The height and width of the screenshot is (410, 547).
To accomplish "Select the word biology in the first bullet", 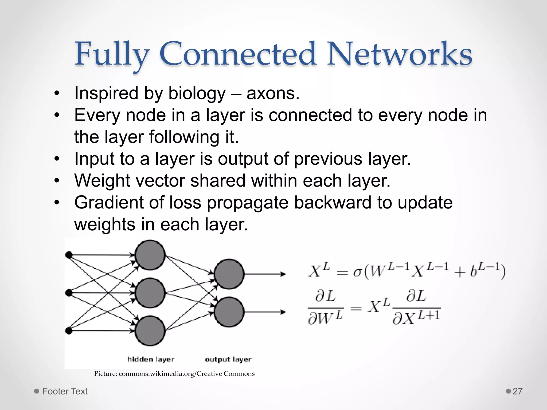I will [x=197, y=94].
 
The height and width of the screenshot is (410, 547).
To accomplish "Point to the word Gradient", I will [x=109, y=203].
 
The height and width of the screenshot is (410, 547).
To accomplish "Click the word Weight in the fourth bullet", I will [x=102, y=181].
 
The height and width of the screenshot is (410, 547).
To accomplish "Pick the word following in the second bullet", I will [x=184, y=137].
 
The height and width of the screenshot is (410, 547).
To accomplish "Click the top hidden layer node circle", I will [x=150, y=255].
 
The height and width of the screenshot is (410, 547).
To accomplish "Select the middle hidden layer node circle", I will [x=150, y=293].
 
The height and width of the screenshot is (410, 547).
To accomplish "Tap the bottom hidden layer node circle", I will [x=150, y=331].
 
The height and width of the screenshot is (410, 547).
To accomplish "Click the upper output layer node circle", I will [x=229, y=274].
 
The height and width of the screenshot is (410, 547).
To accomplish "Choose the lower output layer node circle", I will [x=229, y=312].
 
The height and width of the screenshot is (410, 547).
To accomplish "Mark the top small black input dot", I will [x=69, y=255].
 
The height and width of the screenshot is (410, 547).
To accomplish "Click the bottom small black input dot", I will [x=69, y=331].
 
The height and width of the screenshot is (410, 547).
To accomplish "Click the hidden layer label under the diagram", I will [x=151, y=360].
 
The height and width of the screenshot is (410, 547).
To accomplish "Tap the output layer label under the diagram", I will [x=228, y=360].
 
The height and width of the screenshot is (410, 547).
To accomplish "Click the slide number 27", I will [x=517, y=391].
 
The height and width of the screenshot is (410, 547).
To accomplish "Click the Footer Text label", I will [x=65, y=391].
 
